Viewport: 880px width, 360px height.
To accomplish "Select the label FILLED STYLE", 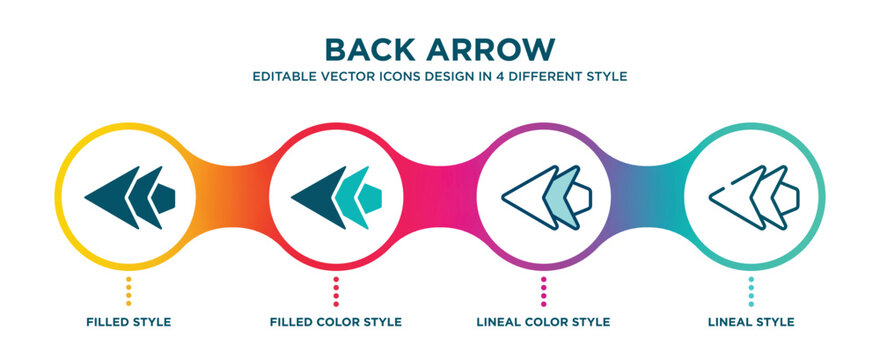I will (128, 322).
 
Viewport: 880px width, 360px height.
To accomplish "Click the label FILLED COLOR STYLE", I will (336, 322).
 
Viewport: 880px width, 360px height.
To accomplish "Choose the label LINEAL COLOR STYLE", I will (543, 322).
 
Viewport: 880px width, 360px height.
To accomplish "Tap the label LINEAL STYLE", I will (751, 322).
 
